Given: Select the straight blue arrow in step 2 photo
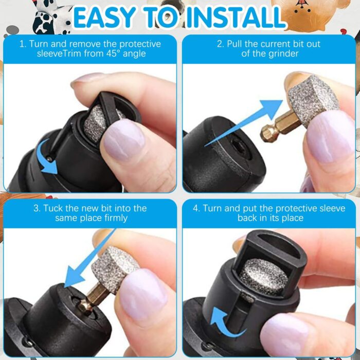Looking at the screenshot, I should [x=242, y=121].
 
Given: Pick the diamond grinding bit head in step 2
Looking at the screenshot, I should [x=312, y=95].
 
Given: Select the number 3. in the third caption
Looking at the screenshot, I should [x=37, y=208].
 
